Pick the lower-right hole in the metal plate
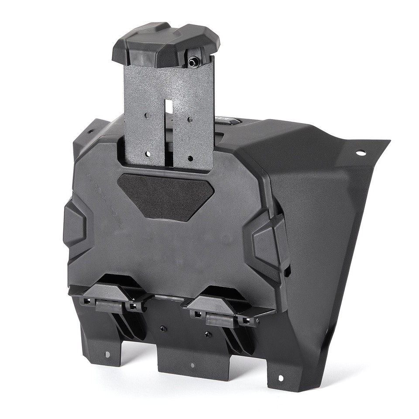click(x=190, y=158)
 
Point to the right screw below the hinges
click(x=208, y=334)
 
